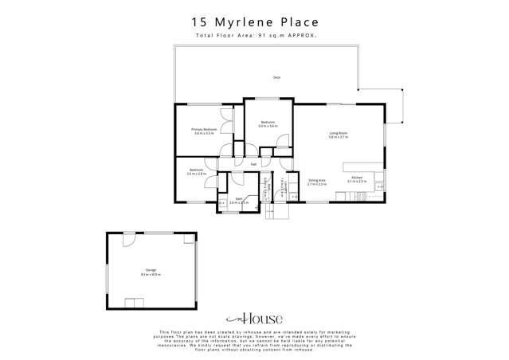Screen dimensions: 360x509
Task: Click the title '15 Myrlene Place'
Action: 254,22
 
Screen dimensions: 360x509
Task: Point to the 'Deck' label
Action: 276,77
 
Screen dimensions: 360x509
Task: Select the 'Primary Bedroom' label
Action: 204,129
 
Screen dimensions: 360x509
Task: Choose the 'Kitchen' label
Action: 356,177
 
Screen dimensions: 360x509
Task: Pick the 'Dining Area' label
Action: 317,180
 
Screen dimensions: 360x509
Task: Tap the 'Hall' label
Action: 253,164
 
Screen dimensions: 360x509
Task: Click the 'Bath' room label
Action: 238,198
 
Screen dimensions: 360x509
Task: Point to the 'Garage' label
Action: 151,270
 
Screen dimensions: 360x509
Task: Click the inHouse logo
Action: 254,319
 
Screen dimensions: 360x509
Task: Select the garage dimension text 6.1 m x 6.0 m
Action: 151,275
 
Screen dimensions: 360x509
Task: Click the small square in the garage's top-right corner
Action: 189,237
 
